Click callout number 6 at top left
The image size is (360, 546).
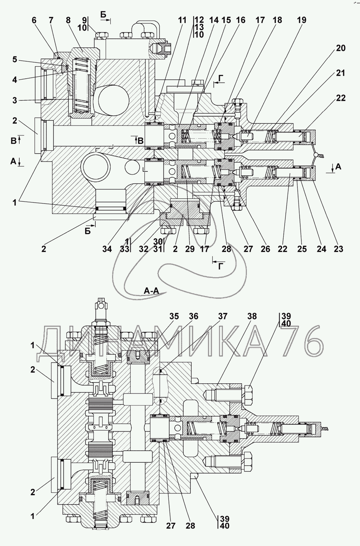coord(34,20)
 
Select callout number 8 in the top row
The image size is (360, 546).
coord(68,20)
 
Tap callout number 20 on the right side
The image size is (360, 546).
coord(340,48)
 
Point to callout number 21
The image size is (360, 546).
coord(340,73)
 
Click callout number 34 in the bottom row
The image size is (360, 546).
coord(107,249)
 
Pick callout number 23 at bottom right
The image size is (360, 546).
coord(338,249)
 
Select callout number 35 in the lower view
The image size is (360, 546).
coord(174,316)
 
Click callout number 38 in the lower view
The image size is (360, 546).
coord(252,316)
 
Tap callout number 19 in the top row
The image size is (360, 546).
coord(301,20)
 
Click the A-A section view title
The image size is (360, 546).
coord(151,290)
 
